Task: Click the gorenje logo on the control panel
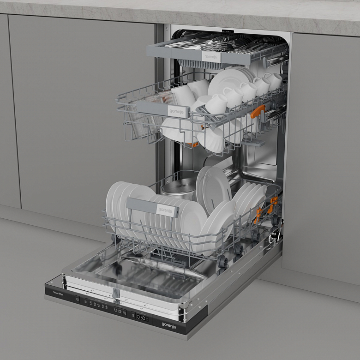pyautogui.click(x=168, y=326)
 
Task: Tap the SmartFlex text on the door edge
pyautogui.click(x=58, y=292)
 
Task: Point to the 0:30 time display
pyautogui.click(x=142, y=318)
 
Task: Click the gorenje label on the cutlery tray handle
pyautogui.click(x=211, y=56)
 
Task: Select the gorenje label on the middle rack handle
pyautogui.click(x=176, y=111)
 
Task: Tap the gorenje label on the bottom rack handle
pyautogui.click(x=166, y=210)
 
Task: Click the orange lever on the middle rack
pyautogui.click(x=258, y=111)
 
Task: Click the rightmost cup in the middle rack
pyautogui.click(x=273, y=81)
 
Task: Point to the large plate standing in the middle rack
pyautogui.click(x=226, y=81)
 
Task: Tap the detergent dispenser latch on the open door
pyautogui.click(x=114, y=293)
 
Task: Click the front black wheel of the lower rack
pyautogui.click(x=223, y=262)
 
